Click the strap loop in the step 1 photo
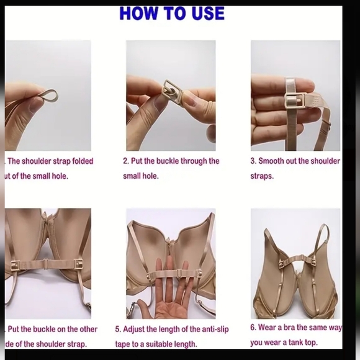coord(47,97)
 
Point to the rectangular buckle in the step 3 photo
coord(294,102)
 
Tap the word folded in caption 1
coord(83,161)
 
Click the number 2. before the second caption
coord(126,161)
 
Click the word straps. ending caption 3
coord(261,176)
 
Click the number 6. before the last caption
coord(254,327)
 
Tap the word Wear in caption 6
coord(271,327)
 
